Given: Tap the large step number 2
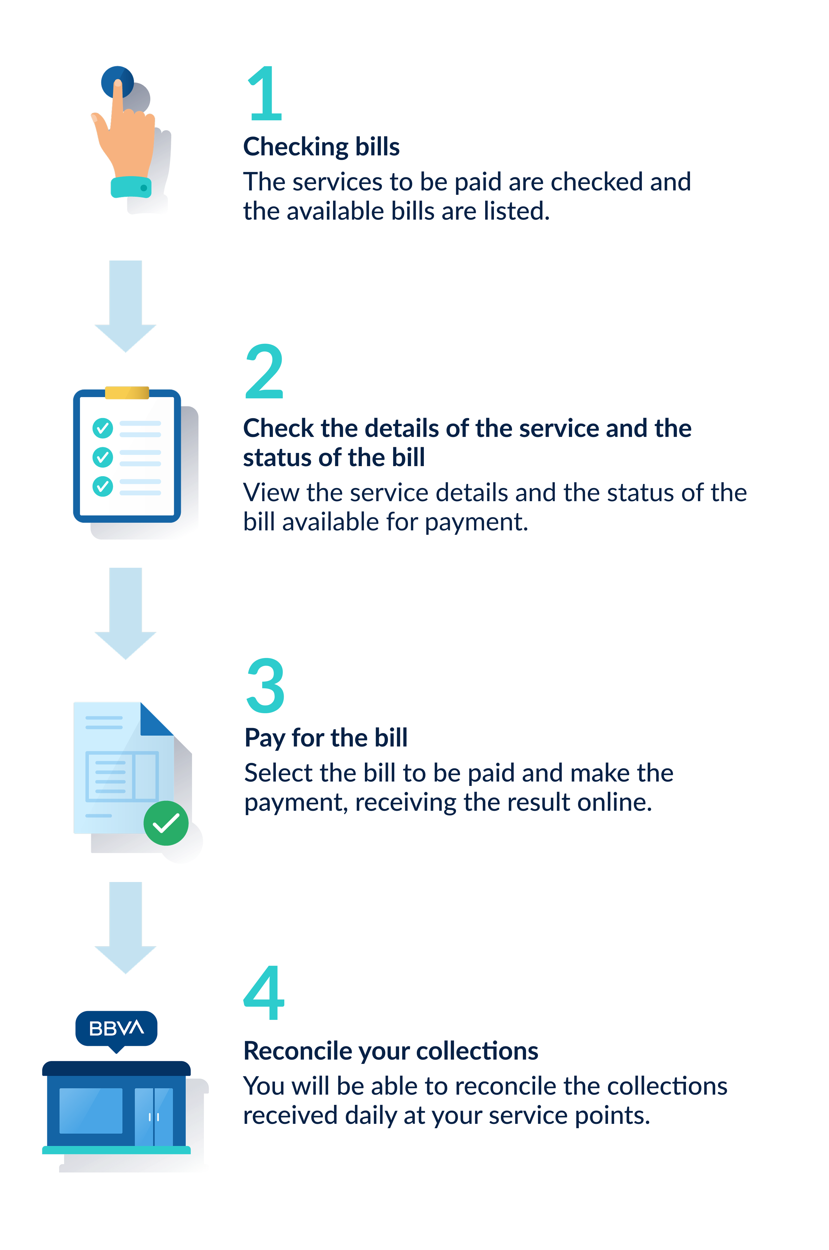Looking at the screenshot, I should click(x=264, y=371).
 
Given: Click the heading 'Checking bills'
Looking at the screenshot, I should click(x=321, y=147).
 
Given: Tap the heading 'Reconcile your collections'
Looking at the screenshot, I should click(x=391, y=1051).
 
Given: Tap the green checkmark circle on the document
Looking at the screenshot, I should click(x=166, y=823).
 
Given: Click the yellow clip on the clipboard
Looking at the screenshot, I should click(x=127, y=393).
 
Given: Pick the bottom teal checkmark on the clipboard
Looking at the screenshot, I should click(x=102, y=486).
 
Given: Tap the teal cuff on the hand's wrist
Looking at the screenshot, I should click(x=131, y=187).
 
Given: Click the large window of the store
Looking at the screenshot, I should click(x=91, y=1110).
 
